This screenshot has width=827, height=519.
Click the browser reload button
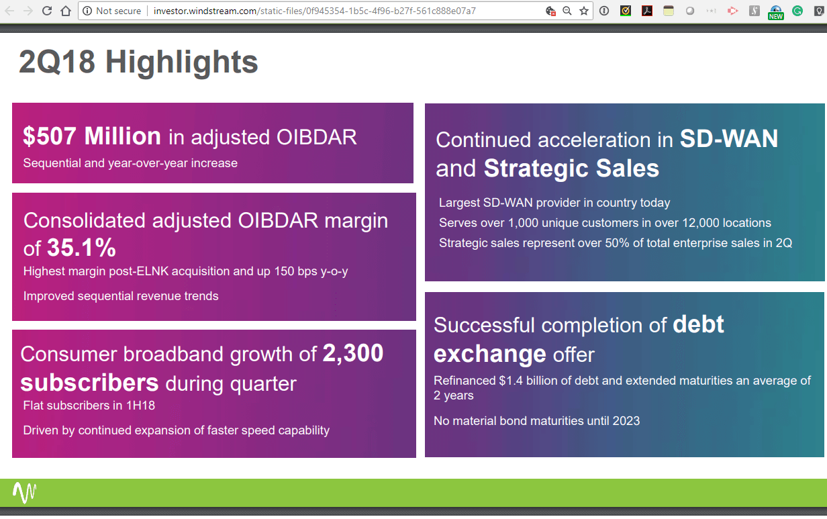tap(47, 11)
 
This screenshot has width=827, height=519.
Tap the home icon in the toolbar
tap(66, 11)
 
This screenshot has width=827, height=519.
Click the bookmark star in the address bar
tap(584, 11)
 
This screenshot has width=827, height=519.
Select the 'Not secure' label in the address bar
tap(118, 11)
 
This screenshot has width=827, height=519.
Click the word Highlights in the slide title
tap(181, 62)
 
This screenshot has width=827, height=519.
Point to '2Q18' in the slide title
tap(57, 62)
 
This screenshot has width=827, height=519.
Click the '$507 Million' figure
tap(92, 136)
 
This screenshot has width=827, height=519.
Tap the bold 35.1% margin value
tap(81, 248)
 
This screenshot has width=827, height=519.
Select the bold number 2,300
tap(353, 353)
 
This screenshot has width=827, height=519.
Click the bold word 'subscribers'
tap(89, 383)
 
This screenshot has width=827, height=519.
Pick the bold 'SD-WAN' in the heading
tap(728, 139)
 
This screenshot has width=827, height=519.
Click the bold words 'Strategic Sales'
tap(571, 169)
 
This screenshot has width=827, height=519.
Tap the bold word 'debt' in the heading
tap(698, 324)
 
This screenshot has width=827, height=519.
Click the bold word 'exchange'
tap(489, 353)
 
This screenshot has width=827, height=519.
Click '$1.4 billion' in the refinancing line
tap(530, 381)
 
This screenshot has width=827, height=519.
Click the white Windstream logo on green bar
tap(25, 493)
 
